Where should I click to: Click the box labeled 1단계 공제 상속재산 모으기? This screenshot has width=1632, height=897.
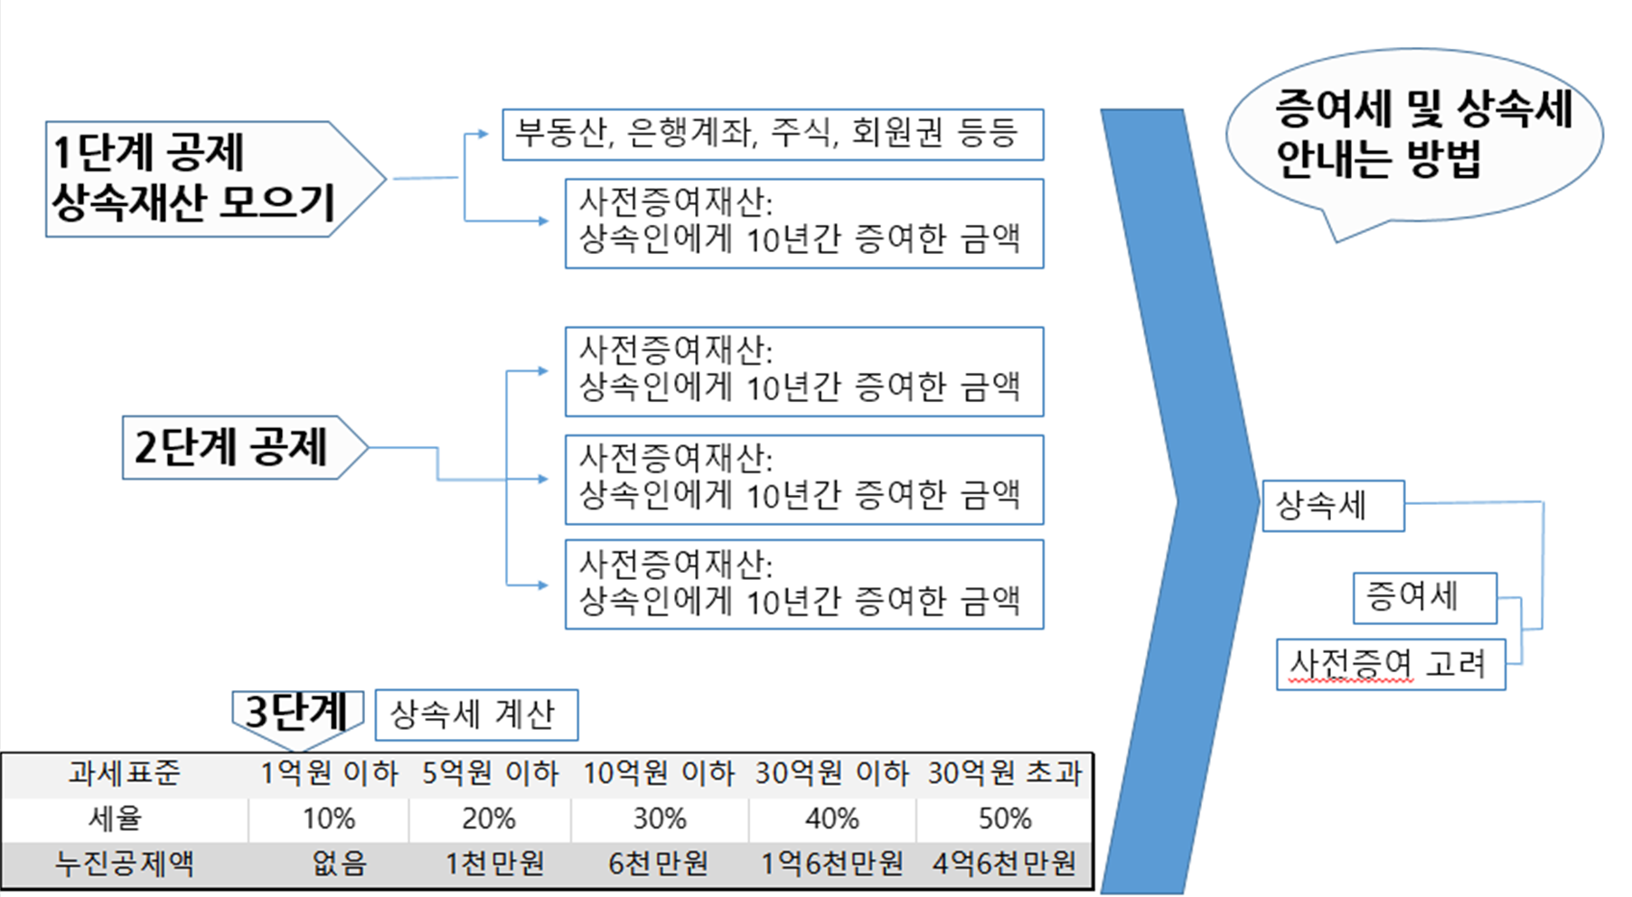pyautogui.click(x=194, y=179)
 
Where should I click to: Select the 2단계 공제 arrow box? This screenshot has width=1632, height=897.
pyautogui.click(x=231, y=447)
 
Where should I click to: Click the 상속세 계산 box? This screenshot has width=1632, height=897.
pyautogui.click(x=475, y=715)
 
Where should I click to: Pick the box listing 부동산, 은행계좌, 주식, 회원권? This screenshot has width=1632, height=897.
pyautogui.click(x=772, y=135)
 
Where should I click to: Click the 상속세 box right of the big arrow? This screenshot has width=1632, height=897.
pyautogui.click(x=1332, y=506)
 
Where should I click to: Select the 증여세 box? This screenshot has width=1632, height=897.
pyautogui.click(x=1424, y=597)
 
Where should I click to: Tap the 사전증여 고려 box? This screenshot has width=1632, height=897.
pyautogui.click(x=1390, y=665)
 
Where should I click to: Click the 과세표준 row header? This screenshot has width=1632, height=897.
pyautogui.click(x=124, y=773)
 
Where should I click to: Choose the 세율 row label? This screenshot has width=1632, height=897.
pyautogui.click(x=115, y=818)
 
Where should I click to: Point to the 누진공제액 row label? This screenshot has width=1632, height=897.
pyautogui.click(x=124, y=864)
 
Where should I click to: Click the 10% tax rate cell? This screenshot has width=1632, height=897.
pyautogui.click(x=329, y=818)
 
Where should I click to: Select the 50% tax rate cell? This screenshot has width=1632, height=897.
pyautogui.click(x=1005, y=818)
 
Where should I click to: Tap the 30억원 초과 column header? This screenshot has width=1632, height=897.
pyautogui.click(x=1005, y=773)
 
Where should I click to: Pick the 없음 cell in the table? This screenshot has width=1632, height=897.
pyautogui.click(x=339, y=864)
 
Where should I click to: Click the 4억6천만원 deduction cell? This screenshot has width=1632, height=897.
pyautogui.click(x=1005, y=864)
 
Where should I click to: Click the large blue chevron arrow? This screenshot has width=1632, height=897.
pyautogui.click(x=1175, y=501)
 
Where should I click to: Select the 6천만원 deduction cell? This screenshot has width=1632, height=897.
pyautogui.click(x=659, y=864)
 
